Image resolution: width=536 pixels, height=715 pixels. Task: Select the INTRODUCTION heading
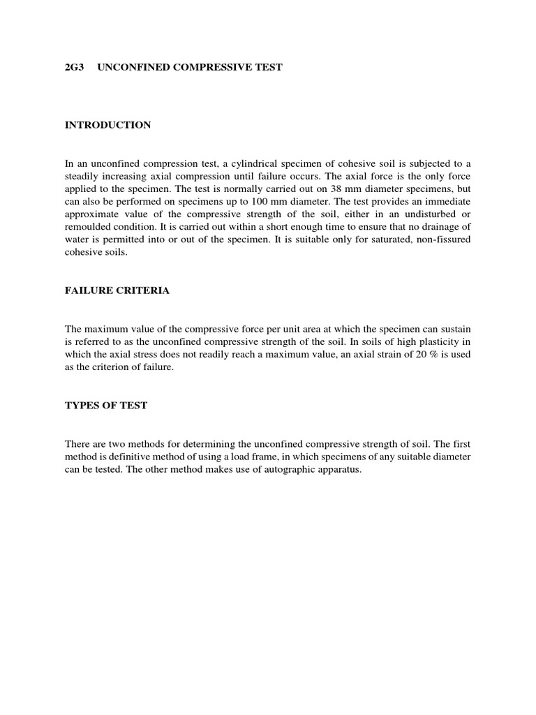click(x=107, y=125)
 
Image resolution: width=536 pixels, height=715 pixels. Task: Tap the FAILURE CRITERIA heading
click(x=117, y=290)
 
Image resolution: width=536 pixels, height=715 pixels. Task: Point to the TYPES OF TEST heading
click(x=106, y=406)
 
